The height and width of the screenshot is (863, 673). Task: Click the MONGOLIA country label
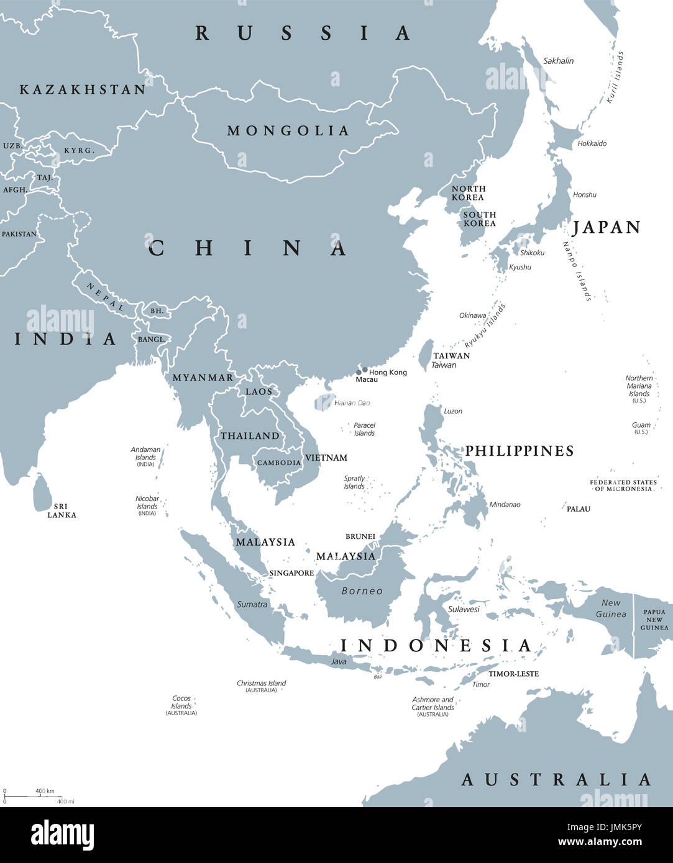click(x=288, y=130)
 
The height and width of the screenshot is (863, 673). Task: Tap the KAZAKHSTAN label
click(x=83, y=89)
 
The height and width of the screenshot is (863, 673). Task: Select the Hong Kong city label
click(x=388, y=373)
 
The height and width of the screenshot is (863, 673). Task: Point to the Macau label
click(x=367, y=379)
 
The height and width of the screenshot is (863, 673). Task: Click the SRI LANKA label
click(x=62, y=511)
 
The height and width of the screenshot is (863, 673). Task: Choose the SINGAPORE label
click(x=291, y=573)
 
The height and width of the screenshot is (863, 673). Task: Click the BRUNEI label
click(x=360, y=536)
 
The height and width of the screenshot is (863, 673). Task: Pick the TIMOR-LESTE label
click(x=513, y=674)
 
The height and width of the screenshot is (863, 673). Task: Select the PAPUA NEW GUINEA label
click(x=654, y=620)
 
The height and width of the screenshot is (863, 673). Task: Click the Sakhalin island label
click(x=558, y=61)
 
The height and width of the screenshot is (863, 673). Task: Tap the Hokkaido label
click(x=592, y=143)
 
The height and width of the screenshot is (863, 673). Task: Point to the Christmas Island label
click(x=261, y=684)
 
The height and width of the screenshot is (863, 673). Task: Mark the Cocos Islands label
click(x=181, y=702)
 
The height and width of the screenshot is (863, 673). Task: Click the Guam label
click(x=641, y=425)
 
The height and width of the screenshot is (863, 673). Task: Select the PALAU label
click(x=578, y=509)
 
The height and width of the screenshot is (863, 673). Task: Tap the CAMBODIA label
click(x=279, y=463)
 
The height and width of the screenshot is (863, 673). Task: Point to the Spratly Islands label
click(x=354, y=482)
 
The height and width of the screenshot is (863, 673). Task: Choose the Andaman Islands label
click(x=145, y=453)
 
